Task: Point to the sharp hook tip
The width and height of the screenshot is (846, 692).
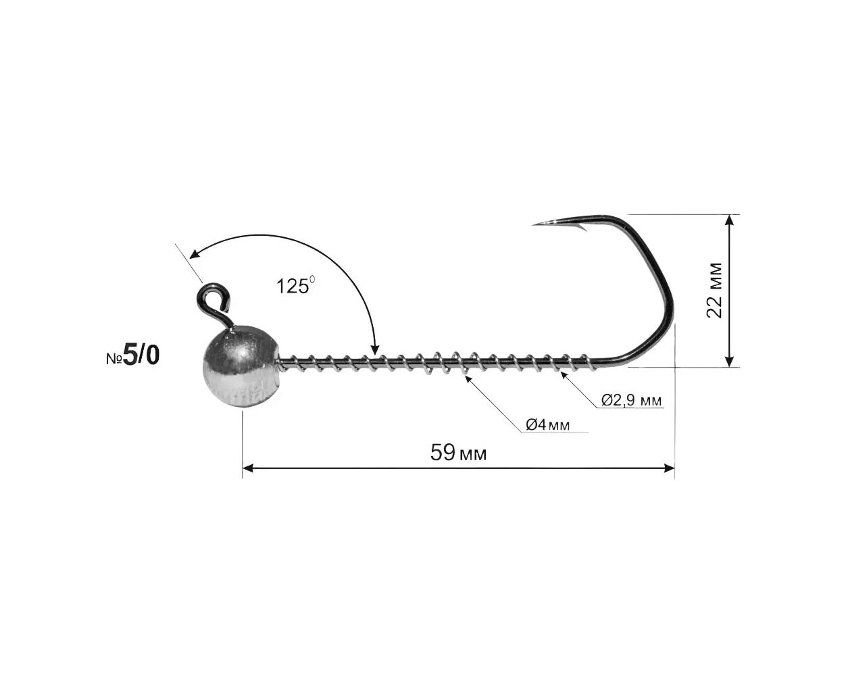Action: tap(534, 224)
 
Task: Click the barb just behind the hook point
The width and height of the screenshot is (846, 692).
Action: tap(582, 228)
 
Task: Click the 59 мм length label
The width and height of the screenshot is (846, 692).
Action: tap(458, 453)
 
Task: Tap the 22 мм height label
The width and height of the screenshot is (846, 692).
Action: tap(714, 291)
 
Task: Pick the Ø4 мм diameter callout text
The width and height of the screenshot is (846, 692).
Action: tap(547, 424)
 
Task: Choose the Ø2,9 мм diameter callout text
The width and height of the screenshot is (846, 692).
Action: tap(631, 399)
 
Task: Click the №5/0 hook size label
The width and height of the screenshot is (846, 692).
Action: tap(132, 355)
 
